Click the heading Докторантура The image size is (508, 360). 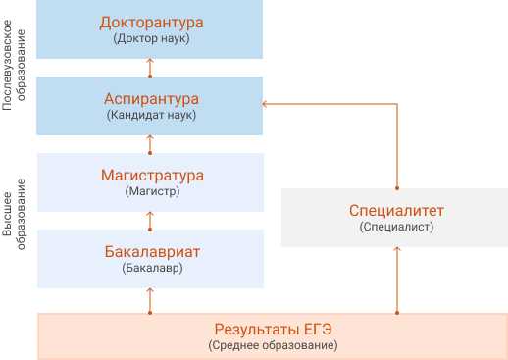[151, 22]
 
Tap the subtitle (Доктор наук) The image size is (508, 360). [151, 38]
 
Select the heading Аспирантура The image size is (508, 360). [151, 99]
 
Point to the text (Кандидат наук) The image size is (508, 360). [151, 115]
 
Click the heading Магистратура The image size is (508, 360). [151, 176]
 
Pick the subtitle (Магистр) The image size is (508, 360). [151, 191]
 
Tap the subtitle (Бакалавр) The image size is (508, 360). [151, 267]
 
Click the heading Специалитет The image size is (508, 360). [396, 210]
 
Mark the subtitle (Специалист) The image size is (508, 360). [396, 226]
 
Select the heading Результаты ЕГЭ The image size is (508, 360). [273, 329]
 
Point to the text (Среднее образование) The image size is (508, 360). [273, 345]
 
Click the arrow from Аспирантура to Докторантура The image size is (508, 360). [150, 66]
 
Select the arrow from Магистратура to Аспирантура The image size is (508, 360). [150, 143]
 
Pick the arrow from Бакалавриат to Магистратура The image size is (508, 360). [150, 220]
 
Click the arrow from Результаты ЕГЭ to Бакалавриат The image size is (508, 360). [150, 300]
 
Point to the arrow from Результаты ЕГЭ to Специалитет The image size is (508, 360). [396, 280]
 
